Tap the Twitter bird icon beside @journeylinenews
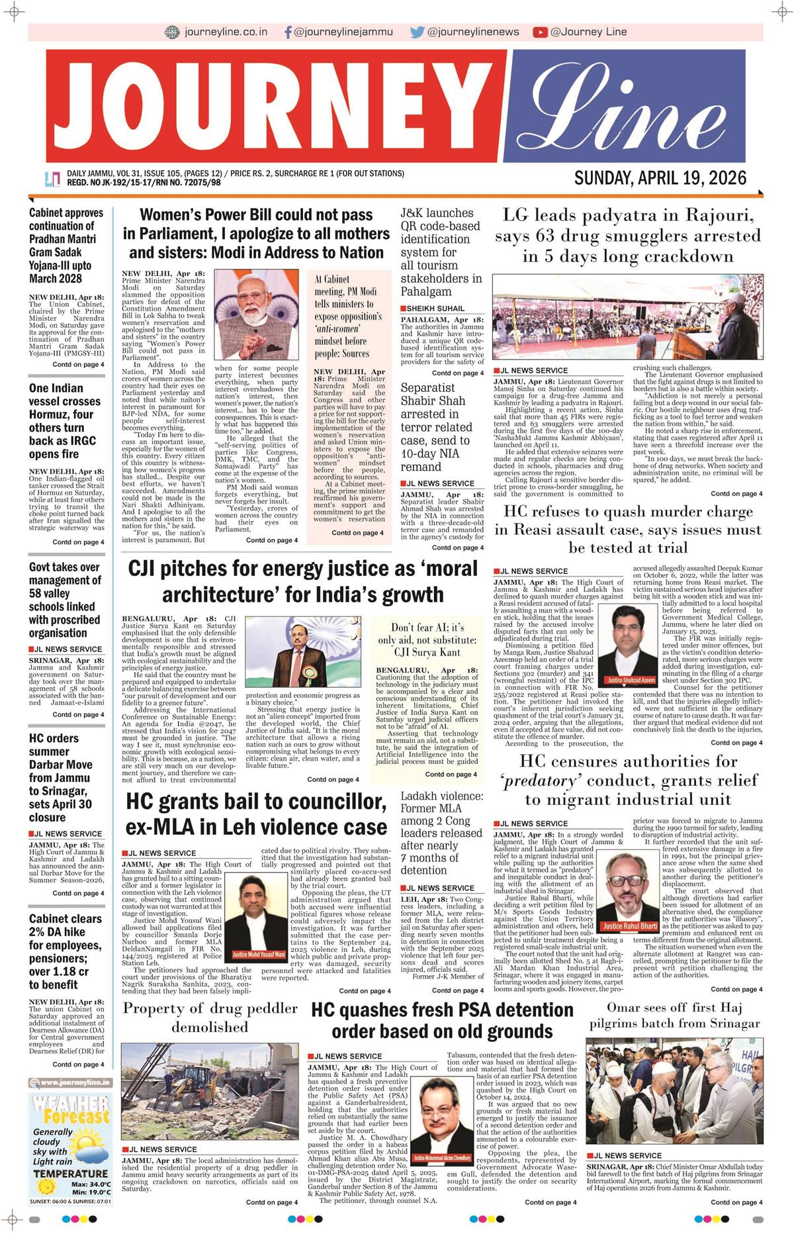click(417, 32)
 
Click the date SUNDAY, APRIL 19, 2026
click(660, 178)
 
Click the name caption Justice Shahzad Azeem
click(631, 679)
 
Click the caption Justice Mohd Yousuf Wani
click(259, 955)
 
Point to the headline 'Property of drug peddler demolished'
click(210, 1018)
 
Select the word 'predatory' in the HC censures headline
click(535, 781)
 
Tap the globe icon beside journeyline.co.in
click(172, 32)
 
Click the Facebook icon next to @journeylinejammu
click(288, 32)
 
